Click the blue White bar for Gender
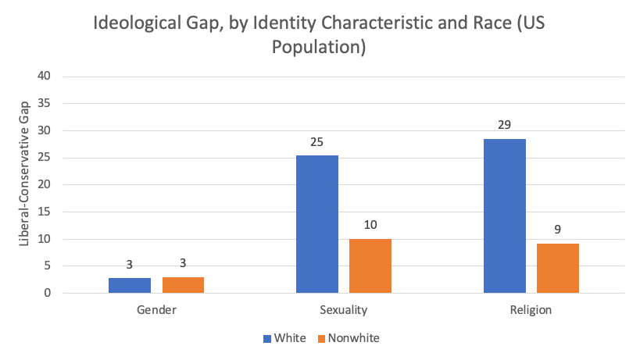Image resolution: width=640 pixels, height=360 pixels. pos(130,285)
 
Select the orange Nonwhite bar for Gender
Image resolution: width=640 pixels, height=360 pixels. pos(183,285)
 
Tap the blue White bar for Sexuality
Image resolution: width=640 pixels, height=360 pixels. pos(317,224)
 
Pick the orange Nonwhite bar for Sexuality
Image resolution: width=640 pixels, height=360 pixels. pos(370,266)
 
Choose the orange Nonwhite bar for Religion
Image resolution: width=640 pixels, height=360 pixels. pos(558,268)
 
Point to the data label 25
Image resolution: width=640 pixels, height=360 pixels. pos(316,143)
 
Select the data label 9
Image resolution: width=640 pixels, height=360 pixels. pos(557,230)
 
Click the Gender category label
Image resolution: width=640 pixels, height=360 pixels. pos(156,310)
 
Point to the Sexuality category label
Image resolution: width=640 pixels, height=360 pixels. pos(344,310)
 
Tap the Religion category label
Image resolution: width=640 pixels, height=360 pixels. pos(531,310)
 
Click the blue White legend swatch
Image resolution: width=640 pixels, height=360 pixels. pos(267,339)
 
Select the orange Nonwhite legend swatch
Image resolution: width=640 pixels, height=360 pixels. pos(321,339)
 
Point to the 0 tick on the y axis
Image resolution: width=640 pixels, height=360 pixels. pos(47,294)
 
